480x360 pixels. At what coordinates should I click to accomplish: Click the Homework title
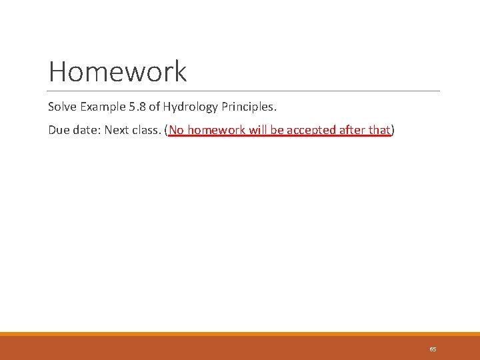tap(117, 71)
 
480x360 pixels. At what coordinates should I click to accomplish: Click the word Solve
tap(62, 107)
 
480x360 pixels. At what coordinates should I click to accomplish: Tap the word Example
tap(102, 107)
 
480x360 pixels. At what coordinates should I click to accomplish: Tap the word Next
tap(117, 130)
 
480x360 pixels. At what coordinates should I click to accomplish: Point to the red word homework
tap(216, 130)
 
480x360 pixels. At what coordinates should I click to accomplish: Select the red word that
tap(379, 130)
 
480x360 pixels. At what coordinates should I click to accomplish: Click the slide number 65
tap(433, 349)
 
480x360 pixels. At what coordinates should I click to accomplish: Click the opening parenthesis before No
tap(167, 130)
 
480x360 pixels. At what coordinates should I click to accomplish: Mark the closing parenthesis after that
tap(393, 130)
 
